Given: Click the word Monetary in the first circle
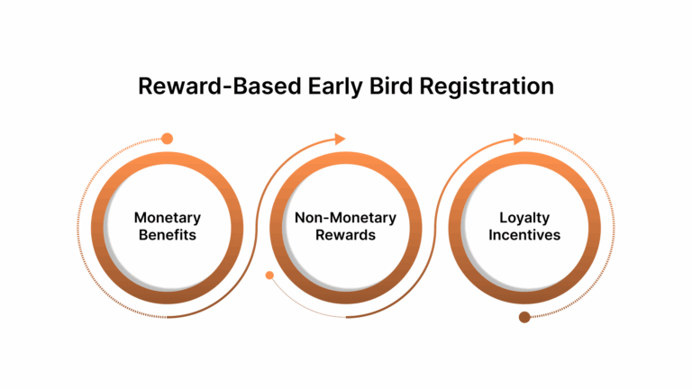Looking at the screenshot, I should (x=167, y=218).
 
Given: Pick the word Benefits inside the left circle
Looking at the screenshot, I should (x=167, y=235).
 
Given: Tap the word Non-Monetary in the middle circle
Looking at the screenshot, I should (x=345, y=218).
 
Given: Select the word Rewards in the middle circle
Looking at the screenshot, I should (x=345, y=235).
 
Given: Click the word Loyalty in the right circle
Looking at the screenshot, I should (x=524, y=218).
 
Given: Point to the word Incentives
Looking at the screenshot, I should (x=524, y=235).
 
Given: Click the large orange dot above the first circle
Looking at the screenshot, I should (x=167, y=139).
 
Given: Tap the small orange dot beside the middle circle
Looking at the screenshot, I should (x=269, y=276).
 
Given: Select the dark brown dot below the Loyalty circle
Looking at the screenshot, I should (x=524, y=316).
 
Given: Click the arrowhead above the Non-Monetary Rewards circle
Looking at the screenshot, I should (x=340, y=139).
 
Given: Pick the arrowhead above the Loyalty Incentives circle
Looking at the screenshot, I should (x=518, y=139).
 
